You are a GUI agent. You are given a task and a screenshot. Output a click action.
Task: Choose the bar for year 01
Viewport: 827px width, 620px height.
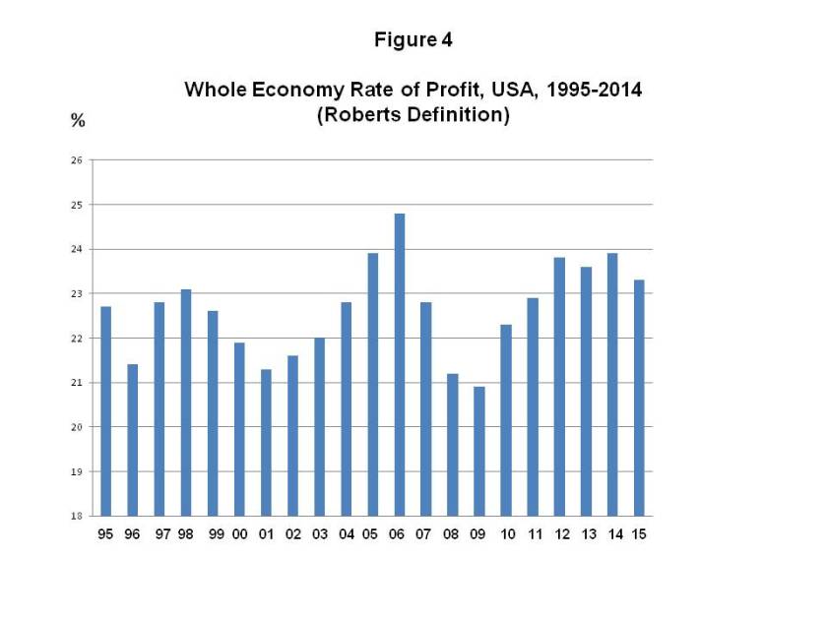(x=266, y=442)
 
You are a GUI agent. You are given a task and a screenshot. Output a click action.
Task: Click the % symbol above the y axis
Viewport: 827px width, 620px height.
(x=77, y=122)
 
